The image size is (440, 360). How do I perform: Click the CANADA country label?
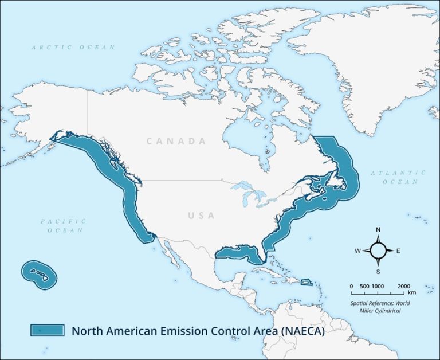click(176, 141)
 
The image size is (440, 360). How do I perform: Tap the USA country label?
click(201, 216)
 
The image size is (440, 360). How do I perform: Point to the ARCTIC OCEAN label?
click(73, 47)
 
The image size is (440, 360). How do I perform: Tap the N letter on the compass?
click(378, 230)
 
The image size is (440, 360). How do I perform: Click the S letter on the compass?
click(378, 271)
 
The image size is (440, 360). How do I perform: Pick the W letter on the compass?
click(357, 251)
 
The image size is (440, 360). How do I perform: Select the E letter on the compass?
click(398, 251)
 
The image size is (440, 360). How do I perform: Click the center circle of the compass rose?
click(378, 251)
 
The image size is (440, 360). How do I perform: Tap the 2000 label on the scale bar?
click(403, 286)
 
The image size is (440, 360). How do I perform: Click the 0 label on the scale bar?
click(351, 286)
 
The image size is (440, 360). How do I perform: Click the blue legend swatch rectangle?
click(47, 330)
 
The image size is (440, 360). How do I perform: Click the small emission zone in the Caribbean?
click(307, 281)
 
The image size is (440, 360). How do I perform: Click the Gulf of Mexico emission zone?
click(238, 252)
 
